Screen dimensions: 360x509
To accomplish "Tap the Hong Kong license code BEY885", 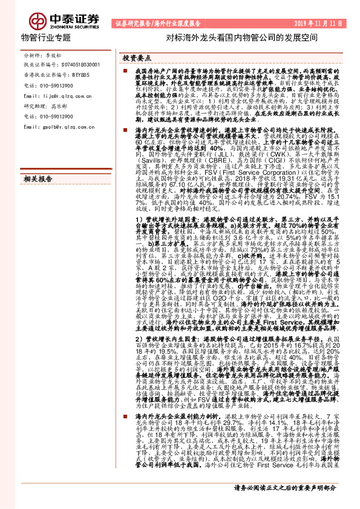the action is (x=78, y=74).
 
